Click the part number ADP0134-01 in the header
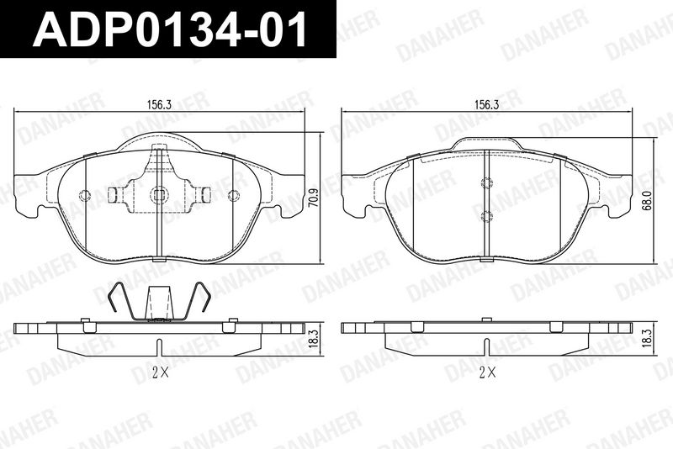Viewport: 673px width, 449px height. click(x=170, y=29)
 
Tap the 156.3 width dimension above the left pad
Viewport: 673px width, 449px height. click(x=159, y=104)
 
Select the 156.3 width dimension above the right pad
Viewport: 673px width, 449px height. click(x=486, y=104)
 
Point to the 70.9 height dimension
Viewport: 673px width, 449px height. click(x=314, y=198)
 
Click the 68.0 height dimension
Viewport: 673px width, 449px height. click(x=647, y=200)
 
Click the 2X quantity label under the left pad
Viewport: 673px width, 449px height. click(x=160, y=373)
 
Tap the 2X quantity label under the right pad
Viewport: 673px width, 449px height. click(x=487, y=373)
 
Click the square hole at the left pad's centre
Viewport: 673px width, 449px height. click(x=159, y=195)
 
